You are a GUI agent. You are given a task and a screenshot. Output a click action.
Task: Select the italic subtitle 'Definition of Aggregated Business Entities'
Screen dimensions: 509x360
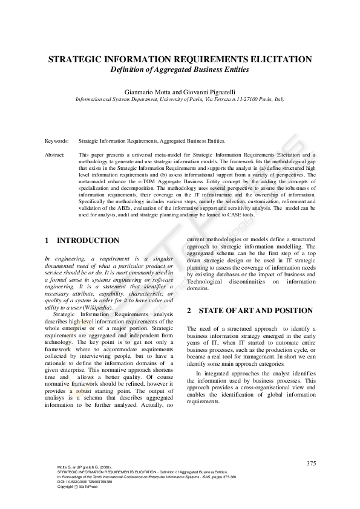(180, 70)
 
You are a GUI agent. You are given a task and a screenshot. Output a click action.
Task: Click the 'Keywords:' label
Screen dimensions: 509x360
(56, 140)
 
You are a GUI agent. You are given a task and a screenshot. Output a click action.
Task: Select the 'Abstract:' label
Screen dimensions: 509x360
(55, 155)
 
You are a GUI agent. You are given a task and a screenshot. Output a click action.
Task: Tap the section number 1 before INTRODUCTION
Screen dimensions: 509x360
(47, 241)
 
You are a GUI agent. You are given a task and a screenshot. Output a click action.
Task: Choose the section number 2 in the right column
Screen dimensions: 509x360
(189, 311)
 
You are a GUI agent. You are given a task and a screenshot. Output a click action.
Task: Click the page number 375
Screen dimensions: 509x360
(311, 463)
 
